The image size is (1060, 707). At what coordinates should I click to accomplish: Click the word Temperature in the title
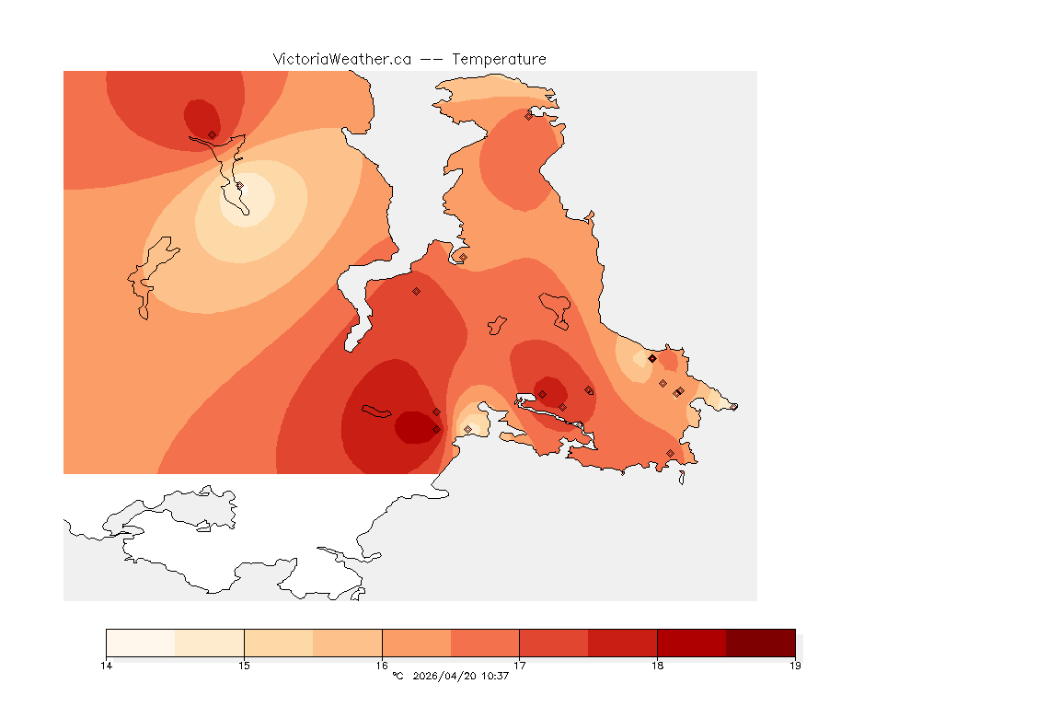pos(499,59)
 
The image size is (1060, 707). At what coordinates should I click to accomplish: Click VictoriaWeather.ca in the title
pos(341,59)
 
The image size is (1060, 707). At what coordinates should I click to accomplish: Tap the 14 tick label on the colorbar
pos(107,666)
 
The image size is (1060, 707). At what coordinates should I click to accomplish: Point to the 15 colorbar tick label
pos(244,666)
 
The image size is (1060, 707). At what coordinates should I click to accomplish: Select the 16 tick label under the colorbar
pos(382,666)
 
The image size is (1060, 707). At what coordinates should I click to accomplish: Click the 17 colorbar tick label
pos(520,666)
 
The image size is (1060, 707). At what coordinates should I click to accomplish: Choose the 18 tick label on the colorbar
pos(657,666)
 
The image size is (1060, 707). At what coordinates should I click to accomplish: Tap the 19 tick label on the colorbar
pos(795,666)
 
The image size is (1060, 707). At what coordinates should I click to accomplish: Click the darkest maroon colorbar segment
pos(760,643)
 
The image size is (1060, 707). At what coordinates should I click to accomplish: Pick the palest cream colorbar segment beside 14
pos(141,643)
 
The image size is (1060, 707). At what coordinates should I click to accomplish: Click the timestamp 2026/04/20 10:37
pos(461,677)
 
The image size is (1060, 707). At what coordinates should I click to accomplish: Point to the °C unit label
pos(397,677)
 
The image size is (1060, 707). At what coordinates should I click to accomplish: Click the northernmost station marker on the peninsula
pos(529,115)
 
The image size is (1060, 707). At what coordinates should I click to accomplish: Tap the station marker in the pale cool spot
pos(239,186)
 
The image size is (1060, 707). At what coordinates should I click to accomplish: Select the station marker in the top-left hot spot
pos(212,134)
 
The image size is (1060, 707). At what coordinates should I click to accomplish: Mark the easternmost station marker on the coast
pos(734,407)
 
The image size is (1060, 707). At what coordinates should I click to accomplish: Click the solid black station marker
pos(651,358)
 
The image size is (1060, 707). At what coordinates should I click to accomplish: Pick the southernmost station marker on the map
pos(670,453)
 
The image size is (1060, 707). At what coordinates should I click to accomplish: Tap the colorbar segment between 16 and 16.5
pos(416,643)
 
